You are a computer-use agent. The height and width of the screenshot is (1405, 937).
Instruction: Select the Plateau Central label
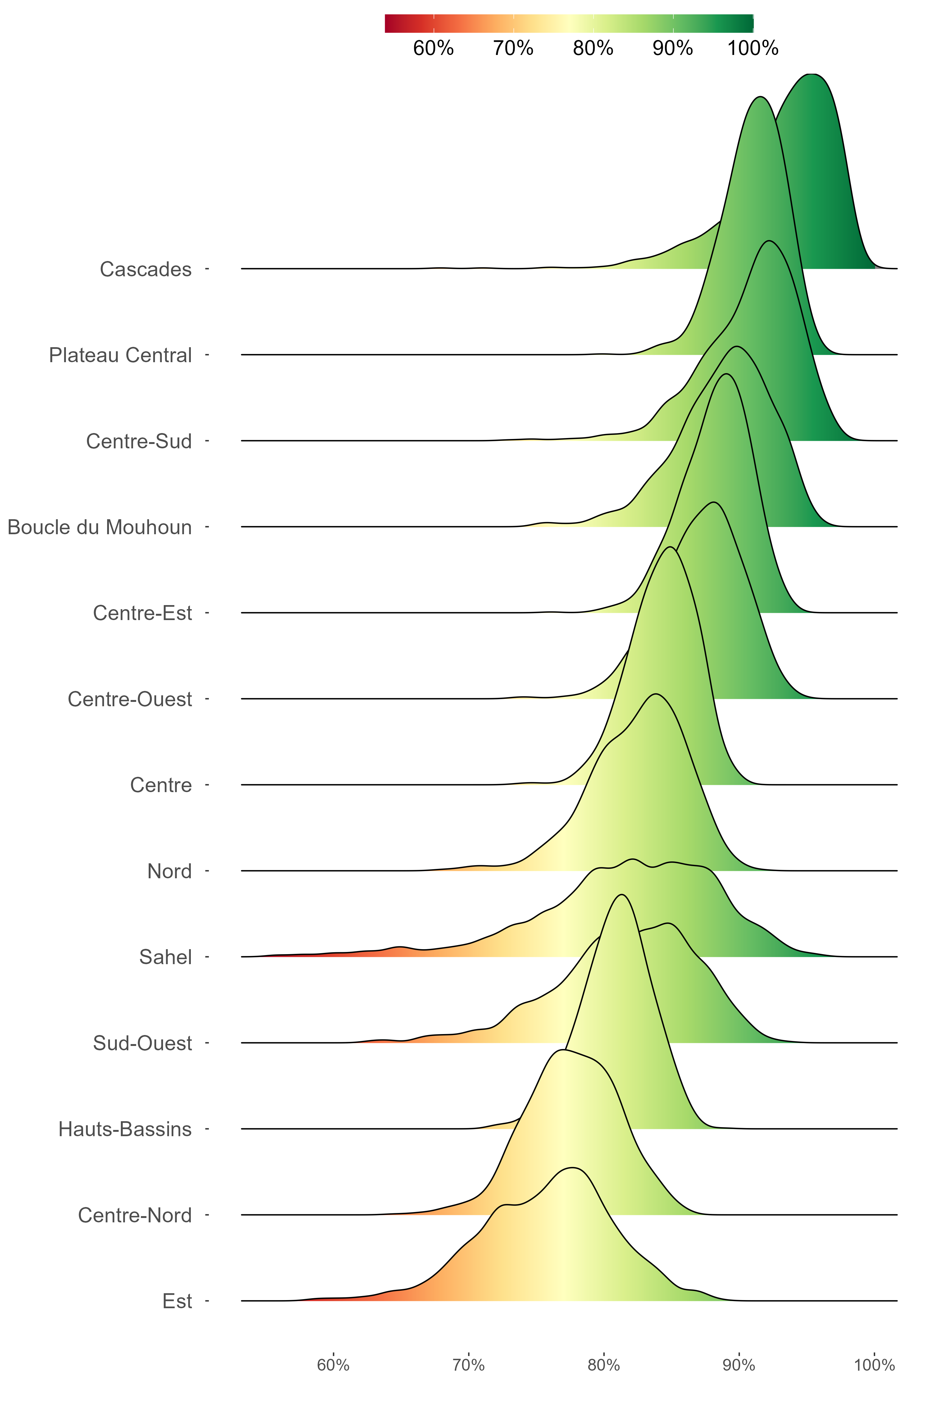coord(120,355)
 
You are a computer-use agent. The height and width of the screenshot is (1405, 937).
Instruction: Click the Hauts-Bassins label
coord(125,1130)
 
